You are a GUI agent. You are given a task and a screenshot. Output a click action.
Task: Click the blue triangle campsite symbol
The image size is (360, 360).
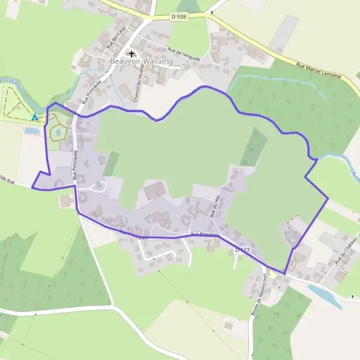coord(35,117)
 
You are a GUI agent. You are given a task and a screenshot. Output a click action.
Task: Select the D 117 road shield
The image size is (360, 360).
coord(242,248)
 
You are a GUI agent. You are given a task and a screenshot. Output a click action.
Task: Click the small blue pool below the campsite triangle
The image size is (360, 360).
coord(32,130)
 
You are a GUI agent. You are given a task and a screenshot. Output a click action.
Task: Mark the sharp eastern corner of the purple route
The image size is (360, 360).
coord(328,199)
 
